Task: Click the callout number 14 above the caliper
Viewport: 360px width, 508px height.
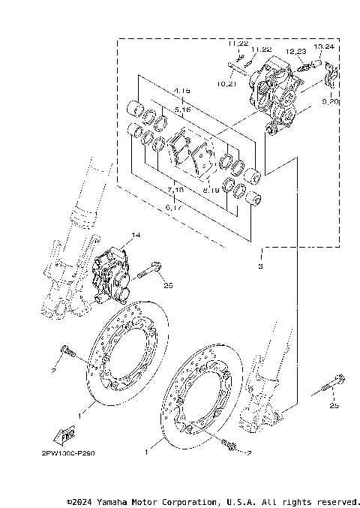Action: tap(136, 235)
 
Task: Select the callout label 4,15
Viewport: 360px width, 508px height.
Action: tap(181, 91)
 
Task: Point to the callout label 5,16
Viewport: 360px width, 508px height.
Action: tap(181, 110)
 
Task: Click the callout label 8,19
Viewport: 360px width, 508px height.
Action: tap(211, 191)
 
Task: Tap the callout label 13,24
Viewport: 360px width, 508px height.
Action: tap(324, 47)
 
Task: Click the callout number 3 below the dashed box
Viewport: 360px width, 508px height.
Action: tap(260, 266)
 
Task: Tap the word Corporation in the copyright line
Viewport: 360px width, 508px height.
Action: tap(208, 500)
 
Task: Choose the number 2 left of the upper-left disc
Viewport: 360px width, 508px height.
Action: tap(54, 371)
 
